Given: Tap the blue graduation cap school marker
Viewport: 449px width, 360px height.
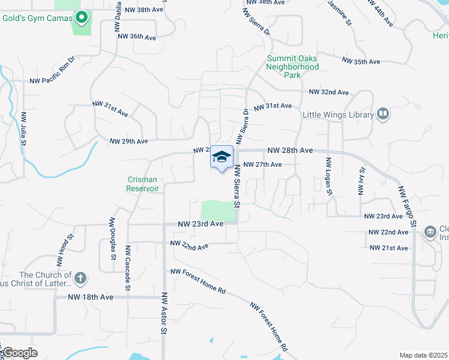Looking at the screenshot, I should (221, 157).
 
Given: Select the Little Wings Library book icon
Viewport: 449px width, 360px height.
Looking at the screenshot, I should (382, 114).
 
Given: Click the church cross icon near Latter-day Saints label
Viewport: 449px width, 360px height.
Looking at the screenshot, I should (81, 278).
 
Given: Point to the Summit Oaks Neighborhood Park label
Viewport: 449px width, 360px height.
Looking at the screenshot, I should (292, 67).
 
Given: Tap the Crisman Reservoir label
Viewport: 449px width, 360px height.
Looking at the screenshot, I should (143, 184).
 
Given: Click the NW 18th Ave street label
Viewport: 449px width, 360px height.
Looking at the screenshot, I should (91, 297).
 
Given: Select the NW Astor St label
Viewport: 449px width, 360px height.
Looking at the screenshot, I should (164, 313).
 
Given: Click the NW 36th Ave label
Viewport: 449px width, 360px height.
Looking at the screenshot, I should (137, 37).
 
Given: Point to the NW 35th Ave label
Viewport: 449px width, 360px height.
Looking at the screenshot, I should (361, 61).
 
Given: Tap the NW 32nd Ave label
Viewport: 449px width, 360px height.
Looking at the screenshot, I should (329, 92).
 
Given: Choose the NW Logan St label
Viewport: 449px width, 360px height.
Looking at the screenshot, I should (329, 176).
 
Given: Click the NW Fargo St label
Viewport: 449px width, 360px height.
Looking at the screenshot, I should (408, 206).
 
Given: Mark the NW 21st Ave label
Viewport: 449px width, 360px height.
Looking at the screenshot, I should (388, 248).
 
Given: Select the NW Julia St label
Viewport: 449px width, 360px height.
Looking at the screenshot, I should (23, 129).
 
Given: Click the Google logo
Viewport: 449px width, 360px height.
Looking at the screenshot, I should (20, 352).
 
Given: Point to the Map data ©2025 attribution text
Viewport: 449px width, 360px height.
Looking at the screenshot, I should (424, 355).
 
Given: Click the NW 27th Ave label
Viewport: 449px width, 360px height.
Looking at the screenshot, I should (262, 164).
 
